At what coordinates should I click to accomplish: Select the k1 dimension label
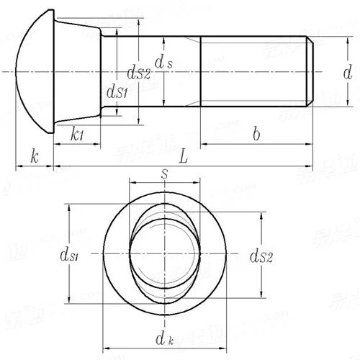79,134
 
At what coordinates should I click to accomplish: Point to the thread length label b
256,133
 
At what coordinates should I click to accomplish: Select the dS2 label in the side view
138,71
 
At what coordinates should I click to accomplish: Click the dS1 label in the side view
117,91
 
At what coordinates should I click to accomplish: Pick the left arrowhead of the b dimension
204,144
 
